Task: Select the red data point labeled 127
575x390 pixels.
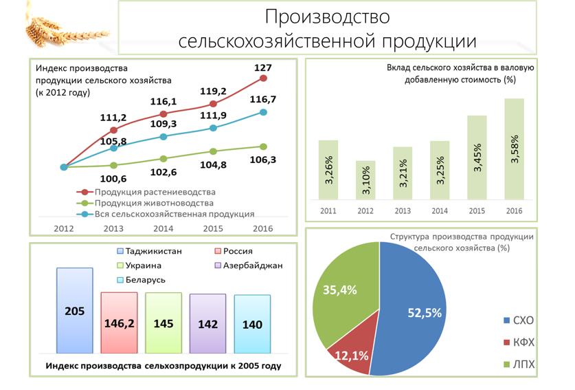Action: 263,78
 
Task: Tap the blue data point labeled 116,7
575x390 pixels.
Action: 263,112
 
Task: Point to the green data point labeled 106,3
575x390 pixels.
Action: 263,146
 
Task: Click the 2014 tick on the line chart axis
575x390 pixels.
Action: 164,228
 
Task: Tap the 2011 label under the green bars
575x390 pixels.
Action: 328,210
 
